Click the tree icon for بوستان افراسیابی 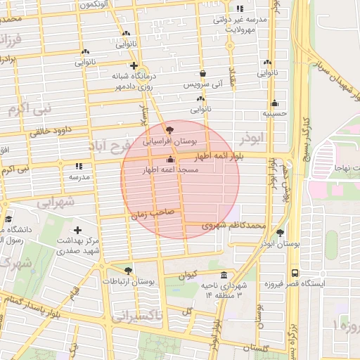[x=168, y=130]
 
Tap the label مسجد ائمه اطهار [x=172, y=170]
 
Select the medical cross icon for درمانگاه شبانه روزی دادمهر [x=134, y=65]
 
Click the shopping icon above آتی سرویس [x=203, y=73]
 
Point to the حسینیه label [x=274, y=112]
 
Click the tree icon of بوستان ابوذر [x=280, y=232]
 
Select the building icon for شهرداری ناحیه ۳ [x=224, y=275]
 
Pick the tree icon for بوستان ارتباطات [x=127, y=270]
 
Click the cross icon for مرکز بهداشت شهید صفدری [x=77, y=230]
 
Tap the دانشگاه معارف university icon [x=8, y=219]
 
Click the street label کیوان [x=190, y=273]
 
